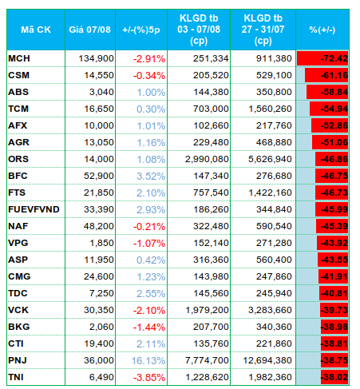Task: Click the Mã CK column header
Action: (36, 30)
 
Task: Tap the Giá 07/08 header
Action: (89, 30)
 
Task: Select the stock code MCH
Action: (19, 58)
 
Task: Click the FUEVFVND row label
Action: (34, 209)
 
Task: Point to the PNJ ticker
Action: (18, 360)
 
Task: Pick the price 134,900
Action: (96, 58)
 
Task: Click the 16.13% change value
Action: (148, 361)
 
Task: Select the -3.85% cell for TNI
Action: (149, 378)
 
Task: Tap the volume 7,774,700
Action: (207, 360)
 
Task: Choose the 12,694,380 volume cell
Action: (267, 360)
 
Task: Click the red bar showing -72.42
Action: (322, 58)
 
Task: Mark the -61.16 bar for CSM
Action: (326, 75)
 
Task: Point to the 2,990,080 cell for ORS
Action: (207, 159)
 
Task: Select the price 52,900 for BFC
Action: (99, 176)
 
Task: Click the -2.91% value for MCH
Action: (149, 59)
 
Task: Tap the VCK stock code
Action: (18, 310)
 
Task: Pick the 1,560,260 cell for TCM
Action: (270, 109)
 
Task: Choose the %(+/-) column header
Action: (322, 30)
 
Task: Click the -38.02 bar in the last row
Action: (334, 377)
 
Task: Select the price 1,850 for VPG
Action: (101, 243)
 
